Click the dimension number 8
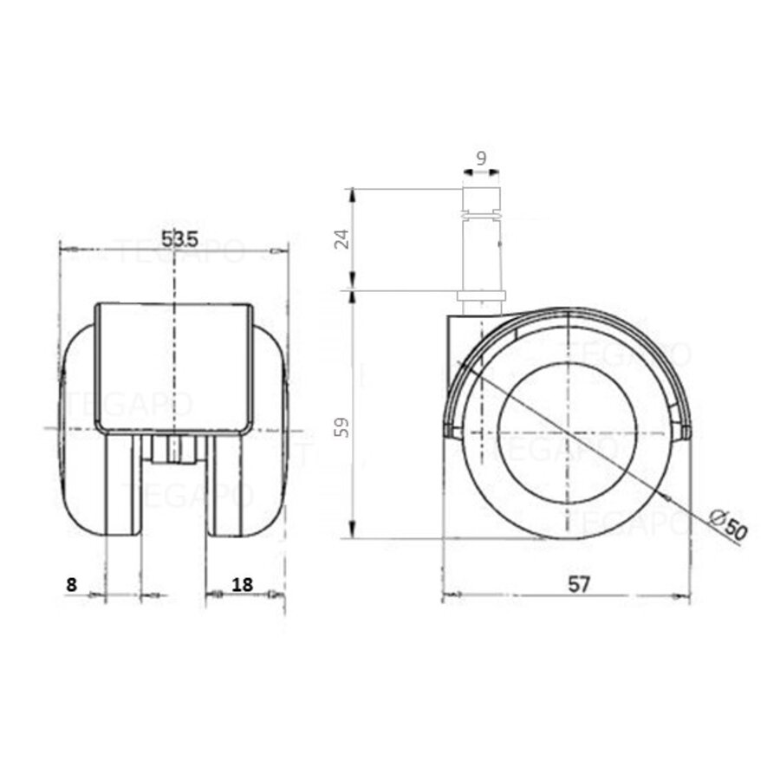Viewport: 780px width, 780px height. (x=71, y=585)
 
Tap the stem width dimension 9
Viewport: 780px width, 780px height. (x=481, y=159)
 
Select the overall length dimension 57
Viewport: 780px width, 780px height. (x=579, y=585)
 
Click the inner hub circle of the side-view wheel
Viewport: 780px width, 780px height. (x=567, y=432)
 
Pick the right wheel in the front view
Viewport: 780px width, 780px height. (x=251, y=451)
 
